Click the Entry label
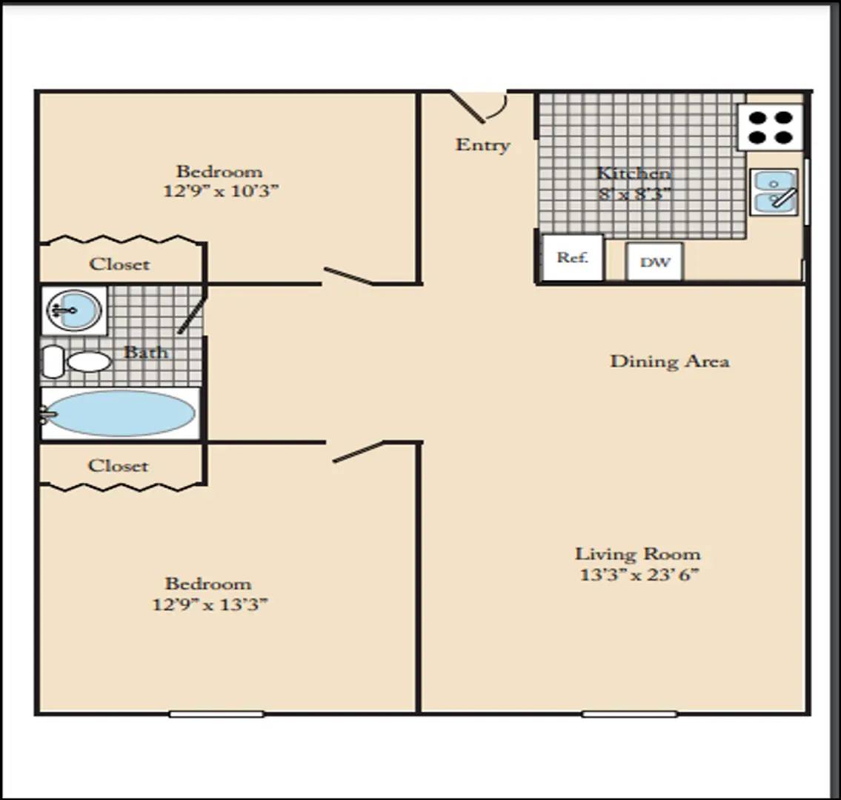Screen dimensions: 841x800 coord(482,144)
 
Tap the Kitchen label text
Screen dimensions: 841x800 coord(634,173)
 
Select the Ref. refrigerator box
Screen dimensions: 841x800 coord(573,258)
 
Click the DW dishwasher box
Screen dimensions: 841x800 coord(655,261)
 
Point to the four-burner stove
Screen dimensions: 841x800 coord(770,127)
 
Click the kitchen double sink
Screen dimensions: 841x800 coord(774,192)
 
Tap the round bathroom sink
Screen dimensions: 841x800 coord(73,310)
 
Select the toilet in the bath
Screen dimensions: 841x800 coord(76,361)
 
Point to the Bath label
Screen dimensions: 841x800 coord(146,353)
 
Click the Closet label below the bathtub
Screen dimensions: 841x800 coord(118,465)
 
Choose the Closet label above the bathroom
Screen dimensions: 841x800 coord(119,264)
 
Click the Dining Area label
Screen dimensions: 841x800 coord(670,361)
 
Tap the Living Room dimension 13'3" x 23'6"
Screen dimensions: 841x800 coord(639,575)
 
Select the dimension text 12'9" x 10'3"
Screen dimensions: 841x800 coord(221,191)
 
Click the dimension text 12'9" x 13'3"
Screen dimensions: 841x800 coord(210,605)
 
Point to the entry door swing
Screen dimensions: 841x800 coord(477,106)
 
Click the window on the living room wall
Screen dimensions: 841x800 coord(630,713)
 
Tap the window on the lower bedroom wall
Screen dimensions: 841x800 coord(216,713)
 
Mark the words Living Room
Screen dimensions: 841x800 coord(638,554)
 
